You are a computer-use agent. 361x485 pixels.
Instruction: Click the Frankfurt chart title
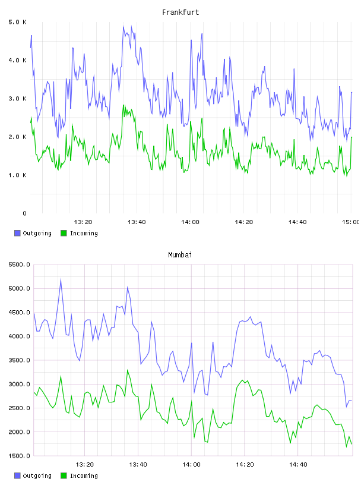click(x=180, y=12)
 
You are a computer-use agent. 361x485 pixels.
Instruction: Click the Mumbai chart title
click(x=180, y=255)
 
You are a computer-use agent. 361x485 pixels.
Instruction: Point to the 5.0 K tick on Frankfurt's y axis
click(x=18, y=22)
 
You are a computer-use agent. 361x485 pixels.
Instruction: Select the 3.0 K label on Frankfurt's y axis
click(x=18, y=99)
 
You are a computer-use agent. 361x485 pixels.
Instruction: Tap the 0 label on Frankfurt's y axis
click(x=25, y=213)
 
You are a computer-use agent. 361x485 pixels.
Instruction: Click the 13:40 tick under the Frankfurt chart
click(x=137, y=222)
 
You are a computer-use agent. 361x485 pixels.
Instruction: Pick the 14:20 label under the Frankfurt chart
click(x=244, y=222)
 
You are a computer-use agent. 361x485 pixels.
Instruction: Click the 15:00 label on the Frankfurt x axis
click(x=351, y=222)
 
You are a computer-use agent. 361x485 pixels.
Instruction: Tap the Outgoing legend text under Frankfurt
click(x=37, y=233)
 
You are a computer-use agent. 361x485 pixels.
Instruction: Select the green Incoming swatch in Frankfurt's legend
click(x=64, y=233)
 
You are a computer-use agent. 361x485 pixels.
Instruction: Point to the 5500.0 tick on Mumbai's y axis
click(x=20, y=264)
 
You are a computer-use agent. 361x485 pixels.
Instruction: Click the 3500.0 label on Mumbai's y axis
click(x=20, y=360)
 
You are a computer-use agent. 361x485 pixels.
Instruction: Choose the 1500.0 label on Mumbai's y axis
click(x=20, y=456)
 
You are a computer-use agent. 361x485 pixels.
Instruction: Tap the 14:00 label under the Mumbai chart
click(x=191, y=465)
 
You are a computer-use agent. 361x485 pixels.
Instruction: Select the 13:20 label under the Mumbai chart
click(x=84, y=465)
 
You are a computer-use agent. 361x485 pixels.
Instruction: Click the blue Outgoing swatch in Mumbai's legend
click(x=17, y=475)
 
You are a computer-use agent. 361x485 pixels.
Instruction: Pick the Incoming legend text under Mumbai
click(x=84, y=475)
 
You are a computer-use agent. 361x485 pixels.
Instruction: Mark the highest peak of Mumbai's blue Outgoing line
click(x=61, y=279)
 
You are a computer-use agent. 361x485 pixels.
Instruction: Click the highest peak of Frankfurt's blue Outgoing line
click(x=123, y=26)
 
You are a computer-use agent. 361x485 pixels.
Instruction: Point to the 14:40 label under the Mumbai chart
click(x=298, y=465)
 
